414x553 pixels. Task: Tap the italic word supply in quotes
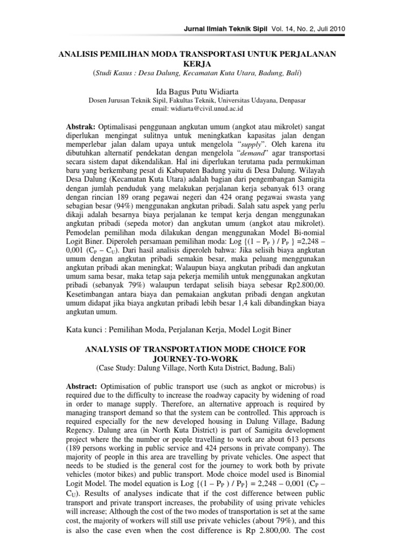tap(268, 145)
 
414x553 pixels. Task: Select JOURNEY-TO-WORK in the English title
tap(196, 359)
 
